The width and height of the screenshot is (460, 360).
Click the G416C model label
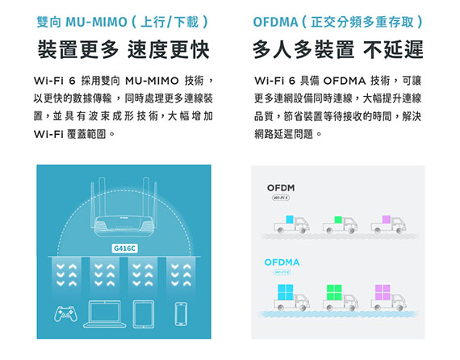(124, 249)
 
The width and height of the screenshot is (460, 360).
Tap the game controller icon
(66, 313)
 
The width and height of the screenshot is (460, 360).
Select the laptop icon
(105, 314)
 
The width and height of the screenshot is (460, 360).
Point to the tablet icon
(144, 314)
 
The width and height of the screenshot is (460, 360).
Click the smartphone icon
(181, 314)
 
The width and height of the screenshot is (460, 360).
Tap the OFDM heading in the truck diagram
(281, 188)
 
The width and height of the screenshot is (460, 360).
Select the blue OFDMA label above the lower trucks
(282, 262)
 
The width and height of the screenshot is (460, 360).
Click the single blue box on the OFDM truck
(290, 220)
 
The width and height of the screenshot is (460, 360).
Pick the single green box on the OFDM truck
(338, 220)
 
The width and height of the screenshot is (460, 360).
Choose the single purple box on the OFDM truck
(387, 220)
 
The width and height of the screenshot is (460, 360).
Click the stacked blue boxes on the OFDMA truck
(286, 292)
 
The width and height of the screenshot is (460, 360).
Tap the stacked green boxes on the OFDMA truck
(334, 292)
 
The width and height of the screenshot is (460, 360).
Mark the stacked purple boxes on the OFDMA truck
(383, 292)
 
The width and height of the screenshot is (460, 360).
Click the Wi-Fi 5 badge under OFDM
(281, 198)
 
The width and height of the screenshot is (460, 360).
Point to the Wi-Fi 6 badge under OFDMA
(282, 273)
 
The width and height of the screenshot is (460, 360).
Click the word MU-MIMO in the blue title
(97, 22)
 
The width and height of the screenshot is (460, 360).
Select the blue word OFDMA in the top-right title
(275, 22)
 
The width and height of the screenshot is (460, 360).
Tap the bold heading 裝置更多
(78, 49)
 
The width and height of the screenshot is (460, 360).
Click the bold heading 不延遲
(393, 49)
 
